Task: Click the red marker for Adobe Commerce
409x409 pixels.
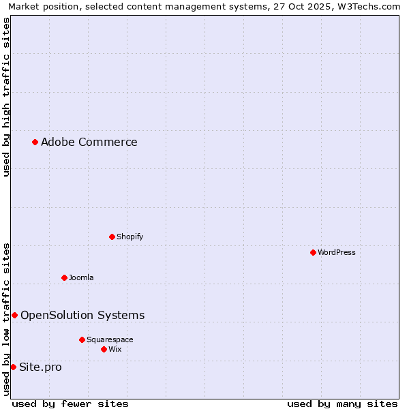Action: (35, 142)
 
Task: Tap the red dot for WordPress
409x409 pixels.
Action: (313, 252)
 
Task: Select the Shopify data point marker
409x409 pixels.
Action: (112, 237)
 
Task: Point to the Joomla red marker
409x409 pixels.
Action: (64, 277)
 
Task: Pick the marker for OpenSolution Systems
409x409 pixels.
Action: (14, 315)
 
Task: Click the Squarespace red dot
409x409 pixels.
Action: (82, 339)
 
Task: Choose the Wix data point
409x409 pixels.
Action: (104, 349)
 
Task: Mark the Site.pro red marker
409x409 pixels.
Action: (13, 367)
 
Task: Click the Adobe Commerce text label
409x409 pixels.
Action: (89, 142)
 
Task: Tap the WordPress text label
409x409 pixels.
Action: (336, 252)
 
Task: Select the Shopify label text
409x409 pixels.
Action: (130, 237)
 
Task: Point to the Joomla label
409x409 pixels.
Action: (81, 277)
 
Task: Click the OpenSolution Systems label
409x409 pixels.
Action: (82, 315)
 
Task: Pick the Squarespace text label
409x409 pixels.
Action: (110, 339)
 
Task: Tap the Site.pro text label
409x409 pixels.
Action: (40, 367)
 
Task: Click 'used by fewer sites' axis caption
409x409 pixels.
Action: (70, 404)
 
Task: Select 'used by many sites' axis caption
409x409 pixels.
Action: (342, 404)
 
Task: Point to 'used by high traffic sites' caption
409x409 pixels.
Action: (6, 97)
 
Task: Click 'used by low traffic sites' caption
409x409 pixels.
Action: (6, 319)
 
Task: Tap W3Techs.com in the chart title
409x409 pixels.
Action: (367, 6)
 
